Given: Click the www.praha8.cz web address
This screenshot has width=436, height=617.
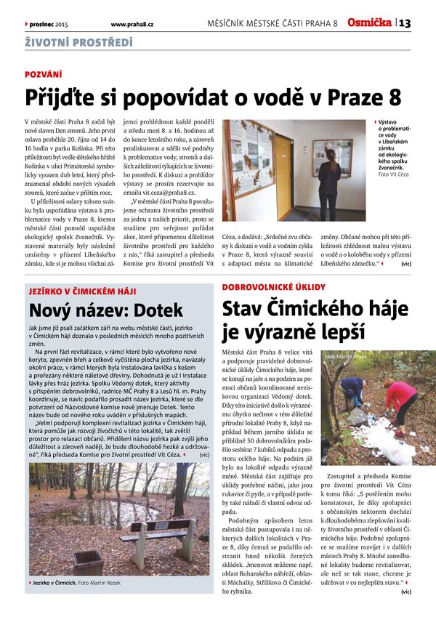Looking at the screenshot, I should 137,24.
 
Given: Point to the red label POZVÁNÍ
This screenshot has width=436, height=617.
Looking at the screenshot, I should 44,75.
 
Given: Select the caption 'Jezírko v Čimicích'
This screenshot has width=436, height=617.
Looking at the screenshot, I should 56,583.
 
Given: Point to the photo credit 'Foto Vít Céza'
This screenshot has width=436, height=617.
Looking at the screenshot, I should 394,174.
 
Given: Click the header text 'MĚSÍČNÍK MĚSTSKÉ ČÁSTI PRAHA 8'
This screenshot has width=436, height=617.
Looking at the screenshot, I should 272,24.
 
